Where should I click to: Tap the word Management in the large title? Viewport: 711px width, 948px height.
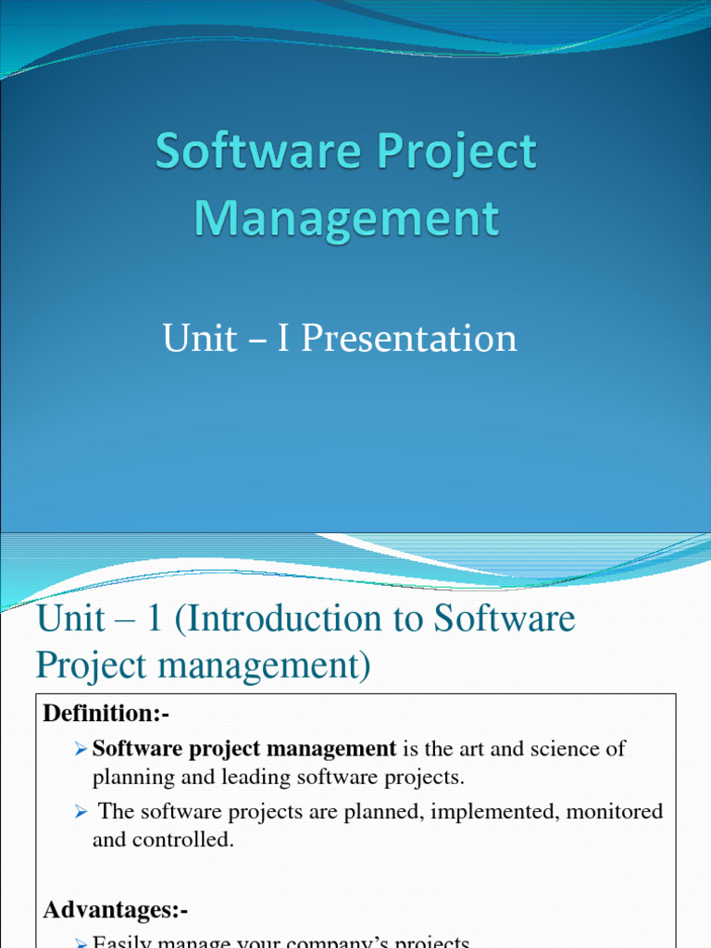tap(346, 219)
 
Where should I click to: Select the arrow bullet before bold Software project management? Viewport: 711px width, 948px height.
tap(81, 748)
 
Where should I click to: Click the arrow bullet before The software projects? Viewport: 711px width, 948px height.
tap(81, 812)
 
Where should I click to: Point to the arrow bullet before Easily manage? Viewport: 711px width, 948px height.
tap(81, 942)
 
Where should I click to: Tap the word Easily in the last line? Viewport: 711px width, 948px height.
tap(125, 942)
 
